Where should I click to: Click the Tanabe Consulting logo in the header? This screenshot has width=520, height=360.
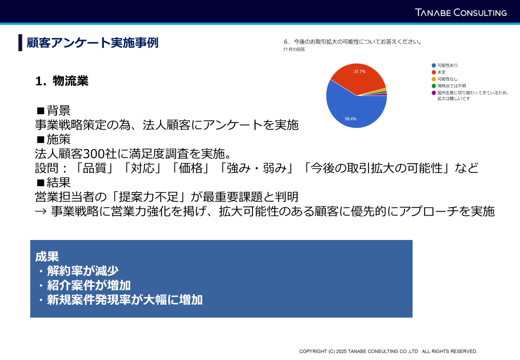[x=460, y=12]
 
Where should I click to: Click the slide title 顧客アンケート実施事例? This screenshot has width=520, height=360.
[x=92, y=43]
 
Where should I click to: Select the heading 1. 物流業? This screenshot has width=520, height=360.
[x=62, y=81]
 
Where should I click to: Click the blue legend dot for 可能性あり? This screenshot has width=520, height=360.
[x=434, y=66]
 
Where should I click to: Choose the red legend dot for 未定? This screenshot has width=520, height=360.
[x=434, y=72]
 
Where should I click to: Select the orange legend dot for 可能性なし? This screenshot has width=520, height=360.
[x=434, y=79]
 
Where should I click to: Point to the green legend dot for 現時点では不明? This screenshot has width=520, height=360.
[x=434, y=86]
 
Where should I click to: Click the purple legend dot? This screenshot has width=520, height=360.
[x=434, y=93]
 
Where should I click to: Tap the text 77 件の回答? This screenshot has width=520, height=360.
[x=294, y=50]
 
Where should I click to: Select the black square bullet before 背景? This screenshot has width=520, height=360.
[x=41, y=111]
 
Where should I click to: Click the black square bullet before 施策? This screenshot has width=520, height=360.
[x=41, y=140]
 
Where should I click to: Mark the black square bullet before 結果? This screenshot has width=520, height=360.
[x=41, y=183]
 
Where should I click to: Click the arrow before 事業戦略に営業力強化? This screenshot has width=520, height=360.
[x=41, y=211]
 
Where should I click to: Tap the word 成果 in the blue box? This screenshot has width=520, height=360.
[x=47, y=256]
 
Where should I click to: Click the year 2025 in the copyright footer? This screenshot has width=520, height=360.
[x=341, y=351]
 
